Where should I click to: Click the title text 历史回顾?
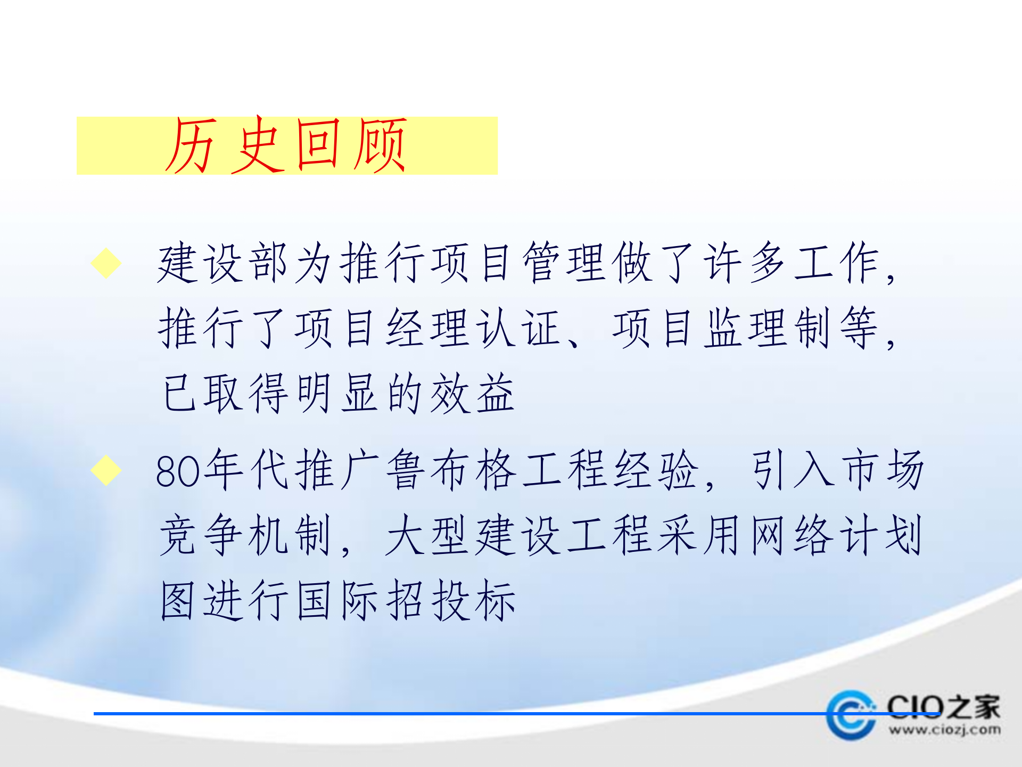coord(286,145)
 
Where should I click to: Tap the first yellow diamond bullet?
coord(106,263)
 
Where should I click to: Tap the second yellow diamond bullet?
coord(106,470)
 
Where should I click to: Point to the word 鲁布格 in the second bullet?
coord(451,470)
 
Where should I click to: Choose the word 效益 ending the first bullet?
coord(473,394)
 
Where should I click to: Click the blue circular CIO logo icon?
coord(851,715)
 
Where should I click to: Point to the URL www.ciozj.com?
coord(944,730)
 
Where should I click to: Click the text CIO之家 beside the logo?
coord(943,707)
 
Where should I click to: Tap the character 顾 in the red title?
coord(381,145)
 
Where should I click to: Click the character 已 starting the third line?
coord(179,394)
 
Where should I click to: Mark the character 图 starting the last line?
coord(177,600)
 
